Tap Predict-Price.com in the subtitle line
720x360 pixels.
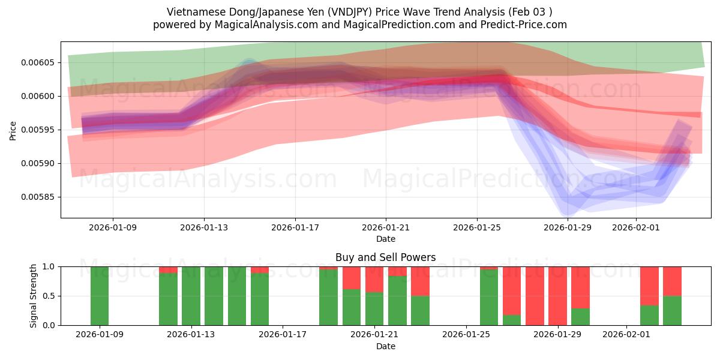(524, 25)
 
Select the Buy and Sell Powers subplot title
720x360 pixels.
(385, 257)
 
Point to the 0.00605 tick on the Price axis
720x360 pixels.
(37, 62)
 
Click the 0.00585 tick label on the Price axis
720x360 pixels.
(37, 197)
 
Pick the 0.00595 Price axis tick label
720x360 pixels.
(37, 130)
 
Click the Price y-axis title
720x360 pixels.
(13, 130)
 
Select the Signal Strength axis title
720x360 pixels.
(34, 296)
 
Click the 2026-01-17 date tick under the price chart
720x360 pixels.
(295, 227)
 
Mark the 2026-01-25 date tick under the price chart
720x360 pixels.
(477, 227)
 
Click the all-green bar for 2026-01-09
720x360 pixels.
(100, 296)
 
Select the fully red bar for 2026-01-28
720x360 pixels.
(535, 296)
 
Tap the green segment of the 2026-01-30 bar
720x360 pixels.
(580, 317)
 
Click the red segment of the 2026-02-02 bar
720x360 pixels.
(649, 286)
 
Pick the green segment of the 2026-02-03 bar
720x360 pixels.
(672, 311)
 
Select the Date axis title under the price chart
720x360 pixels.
(385, 239)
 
